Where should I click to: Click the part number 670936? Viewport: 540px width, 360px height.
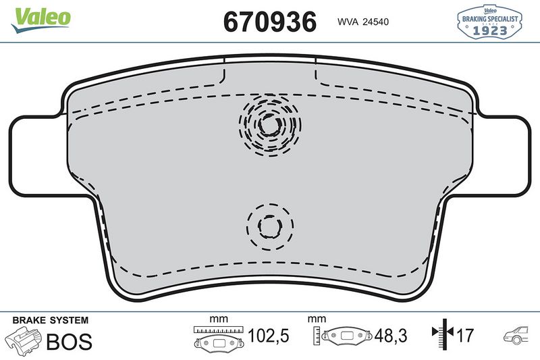click(269, 21)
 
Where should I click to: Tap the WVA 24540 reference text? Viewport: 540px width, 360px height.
click(363, 21)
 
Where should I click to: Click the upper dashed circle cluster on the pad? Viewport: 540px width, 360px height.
click(270, 124)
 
